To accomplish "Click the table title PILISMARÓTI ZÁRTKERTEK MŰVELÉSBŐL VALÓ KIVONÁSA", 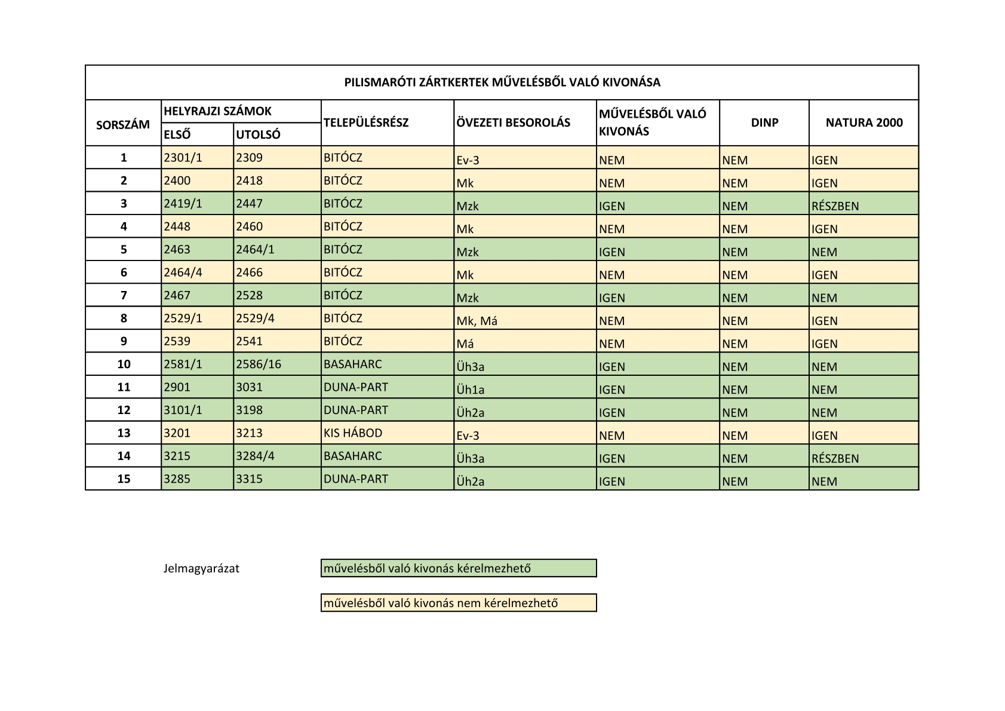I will pos(502,82).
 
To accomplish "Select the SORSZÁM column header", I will pos(123,125).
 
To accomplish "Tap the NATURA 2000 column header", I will pos(863,122).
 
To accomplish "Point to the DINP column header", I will pos(764,122).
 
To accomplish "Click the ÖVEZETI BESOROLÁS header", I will pos(513,122).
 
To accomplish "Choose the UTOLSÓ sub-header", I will pos(258,134).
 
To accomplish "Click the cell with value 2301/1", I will pos(183,158).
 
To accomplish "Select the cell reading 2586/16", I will pos(259,364).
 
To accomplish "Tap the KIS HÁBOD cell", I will pos(353,433).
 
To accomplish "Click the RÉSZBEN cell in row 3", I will pos(835,206).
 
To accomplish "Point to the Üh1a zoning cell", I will pos(471,390).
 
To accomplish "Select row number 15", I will pos(124,479).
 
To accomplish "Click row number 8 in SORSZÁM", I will pos(124,318).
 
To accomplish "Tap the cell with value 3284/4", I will pos(256,456).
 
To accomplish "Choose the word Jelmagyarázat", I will pos(201,568).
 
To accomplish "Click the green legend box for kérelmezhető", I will pos(458,568).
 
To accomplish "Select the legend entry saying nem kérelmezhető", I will pos(458,603).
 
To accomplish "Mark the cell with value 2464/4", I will pos(183,272).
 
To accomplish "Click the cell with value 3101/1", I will pos(183,410).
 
